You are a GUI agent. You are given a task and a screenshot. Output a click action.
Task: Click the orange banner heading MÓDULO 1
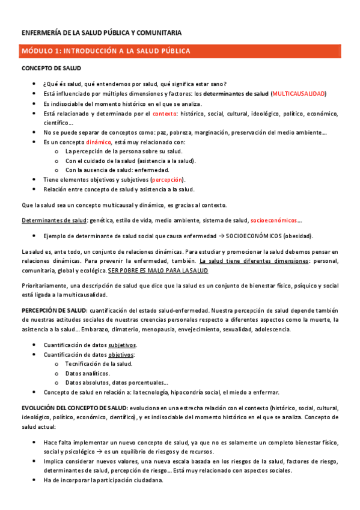tap(107, 51)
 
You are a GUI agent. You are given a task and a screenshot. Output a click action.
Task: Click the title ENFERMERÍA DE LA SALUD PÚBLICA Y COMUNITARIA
tap(102, 32)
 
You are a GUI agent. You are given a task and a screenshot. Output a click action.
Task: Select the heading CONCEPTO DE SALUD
tap(51, 69)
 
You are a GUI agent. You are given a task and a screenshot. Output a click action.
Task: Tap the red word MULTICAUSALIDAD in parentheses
tap(299, 94)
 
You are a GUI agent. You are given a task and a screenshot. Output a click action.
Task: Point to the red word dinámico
tap(94, 142)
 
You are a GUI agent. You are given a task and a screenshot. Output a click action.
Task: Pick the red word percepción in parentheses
tap(168, 179)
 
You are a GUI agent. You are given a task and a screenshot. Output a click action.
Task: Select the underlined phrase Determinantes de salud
tap(53, 221)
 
